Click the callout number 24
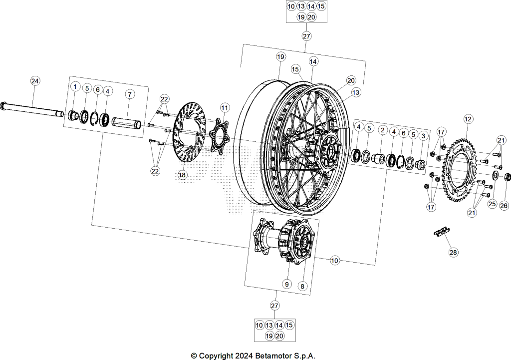coord(35,81)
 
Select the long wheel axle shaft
coord(32,109)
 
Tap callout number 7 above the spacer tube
coord(130,94)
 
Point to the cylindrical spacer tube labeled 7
coord(127,123)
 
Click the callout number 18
coord(182,175)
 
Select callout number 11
coord(225,108)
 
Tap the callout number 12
coord(468,119)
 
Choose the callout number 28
coord(453,252)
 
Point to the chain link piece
coord(441,232)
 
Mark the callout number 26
coord(504,205)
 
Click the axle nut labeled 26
coord(508,178)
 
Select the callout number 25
coord(492,204)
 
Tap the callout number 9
coord(287,284)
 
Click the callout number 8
coord(302,286)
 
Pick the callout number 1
coord(75,87)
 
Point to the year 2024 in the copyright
coord(244,356)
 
